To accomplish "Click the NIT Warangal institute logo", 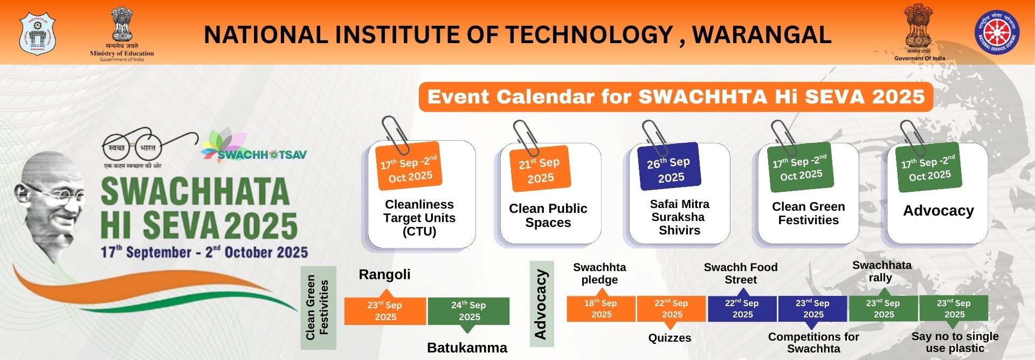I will click(x=37, y=33).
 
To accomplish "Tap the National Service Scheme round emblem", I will click(x=997, y=32).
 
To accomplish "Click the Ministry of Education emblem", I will click(x=122, y=32).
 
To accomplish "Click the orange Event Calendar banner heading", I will click(x=675, y=97).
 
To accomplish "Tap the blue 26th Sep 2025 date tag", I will click(x=669, y=169).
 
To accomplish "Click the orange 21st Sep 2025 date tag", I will click(x=540, y=170).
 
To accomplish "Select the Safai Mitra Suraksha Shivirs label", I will click(x=679, y=217).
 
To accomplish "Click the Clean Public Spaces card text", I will click(x=548, y=216).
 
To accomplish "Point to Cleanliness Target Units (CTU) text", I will click(x=419, y=218).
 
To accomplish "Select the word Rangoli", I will click(x=384, y=274).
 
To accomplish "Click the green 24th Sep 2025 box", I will click(x=468, y=311).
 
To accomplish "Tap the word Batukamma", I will click(x=467, y=348).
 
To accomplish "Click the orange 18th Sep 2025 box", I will click(x=601, y=309).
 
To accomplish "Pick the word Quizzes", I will click(x=670, y=338).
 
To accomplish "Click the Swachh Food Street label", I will click(x=740, y=273).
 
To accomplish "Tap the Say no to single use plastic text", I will click(x=955, y=342).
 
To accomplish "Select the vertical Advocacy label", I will click(x=541, y=304).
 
